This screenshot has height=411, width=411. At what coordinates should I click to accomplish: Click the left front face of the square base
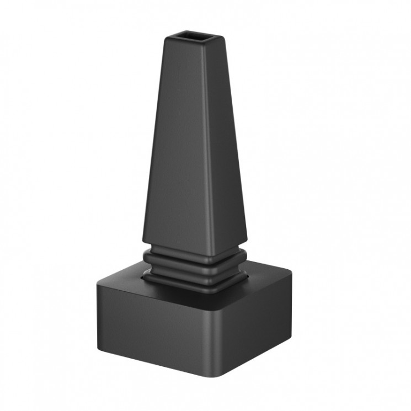154,331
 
